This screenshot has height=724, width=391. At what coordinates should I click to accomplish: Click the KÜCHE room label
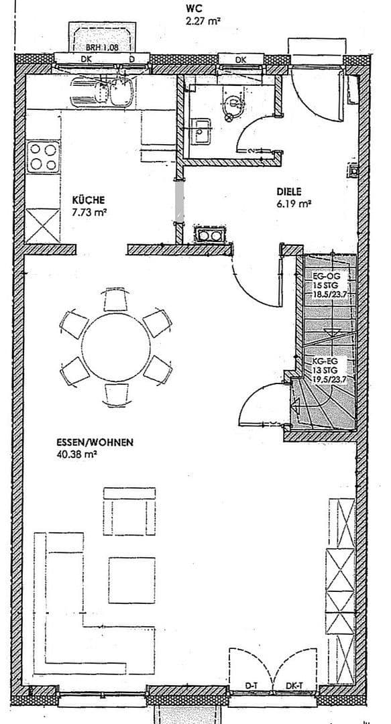click(x=88, y=200)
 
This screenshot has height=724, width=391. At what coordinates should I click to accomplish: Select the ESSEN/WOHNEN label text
click(x=96, y=442)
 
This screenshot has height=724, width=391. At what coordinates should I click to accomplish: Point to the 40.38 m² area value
click(x=78, y=454)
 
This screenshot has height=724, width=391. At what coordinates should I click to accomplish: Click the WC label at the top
click(x=194, y=9)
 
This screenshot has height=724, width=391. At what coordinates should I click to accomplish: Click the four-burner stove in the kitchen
click(x=44, y=158)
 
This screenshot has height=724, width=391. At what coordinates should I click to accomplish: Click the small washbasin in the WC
click(x=201, y=131)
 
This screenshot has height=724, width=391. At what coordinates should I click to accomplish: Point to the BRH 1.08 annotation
click(x=102, y=48)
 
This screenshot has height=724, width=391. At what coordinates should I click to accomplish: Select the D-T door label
click(x=252, y=686)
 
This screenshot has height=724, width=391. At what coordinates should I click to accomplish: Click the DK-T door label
click(x=293, y=686)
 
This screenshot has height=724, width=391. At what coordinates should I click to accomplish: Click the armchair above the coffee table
click(x=129, y=511)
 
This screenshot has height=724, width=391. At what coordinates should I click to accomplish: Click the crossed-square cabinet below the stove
click(x=44, y=225)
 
